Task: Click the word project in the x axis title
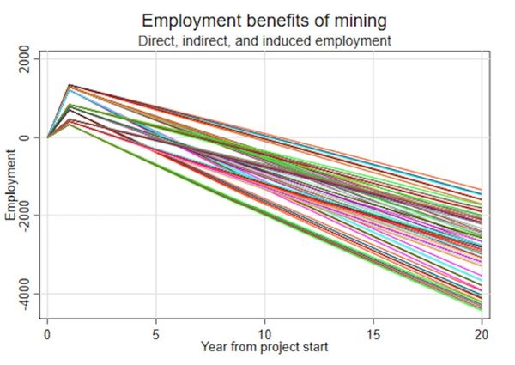pos(272,347)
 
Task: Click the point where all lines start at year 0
pos(47,137)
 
